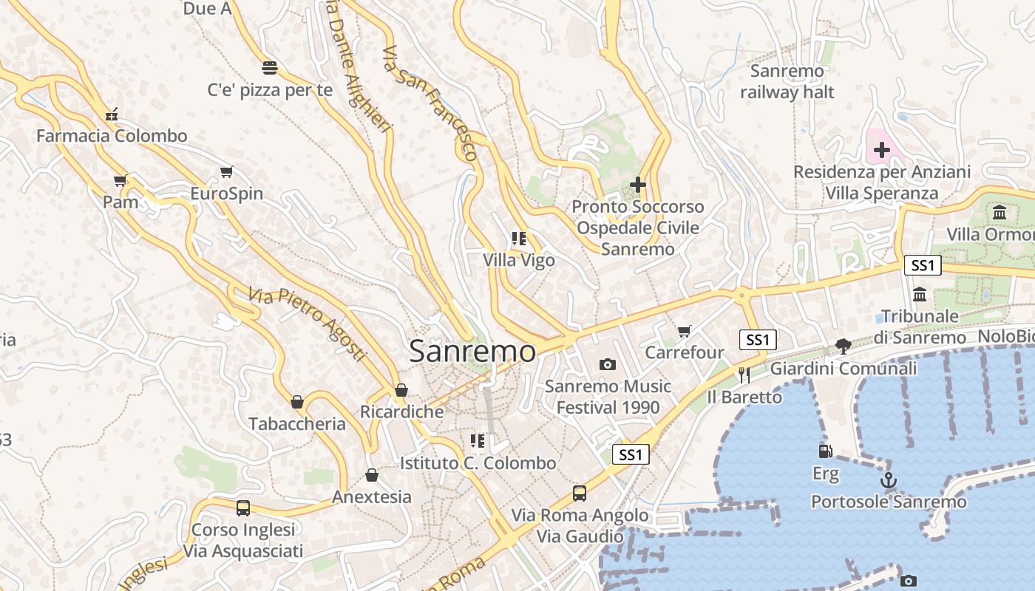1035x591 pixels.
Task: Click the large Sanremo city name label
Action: (x=472, y=351)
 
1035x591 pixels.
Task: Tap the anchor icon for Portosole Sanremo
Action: (x=888, y=481)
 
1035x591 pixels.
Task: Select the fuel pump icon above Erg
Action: (x=825, y=451)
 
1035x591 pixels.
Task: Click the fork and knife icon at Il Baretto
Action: (x=744, y=375)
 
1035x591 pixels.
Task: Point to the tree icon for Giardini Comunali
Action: (x=843, y=346)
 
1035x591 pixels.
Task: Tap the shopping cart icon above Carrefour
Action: (x=685, y=330)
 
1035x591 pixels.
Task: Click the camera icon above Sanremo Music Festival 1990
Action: (x=607, y=363)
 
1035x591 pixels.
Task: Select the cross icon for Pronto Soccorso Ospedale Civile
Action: (x=637, y=185)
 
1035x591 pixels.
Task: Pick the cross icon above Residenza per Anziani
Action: (x=881, y=151)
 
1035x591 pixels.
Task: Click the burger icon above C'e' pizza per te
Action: (x=270, y=68)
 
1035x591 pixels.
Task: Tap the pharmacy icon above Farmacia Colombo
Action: (x=112, y=114)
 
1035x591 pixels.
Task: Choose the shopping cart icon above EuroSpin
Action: (x=226, y=171)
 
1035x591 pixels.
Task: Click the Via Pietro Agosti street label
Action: (x=308, y=324)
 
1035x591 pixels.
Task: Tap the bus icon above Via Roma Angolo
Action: (x=580, y=493)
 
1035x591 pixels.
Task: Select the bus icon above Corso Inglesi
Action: (x=242, y=508)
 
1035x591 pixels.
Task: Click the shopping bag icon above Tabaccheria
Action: (x=297, y=402)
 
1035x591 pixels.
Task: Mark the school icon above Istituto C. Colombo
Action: (x=478, y=441)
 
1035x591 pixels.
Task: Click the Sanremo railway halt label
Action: (x=787, y=81)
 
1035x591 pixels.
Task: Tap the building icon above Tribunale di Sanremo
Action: (x=920, y=294)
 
